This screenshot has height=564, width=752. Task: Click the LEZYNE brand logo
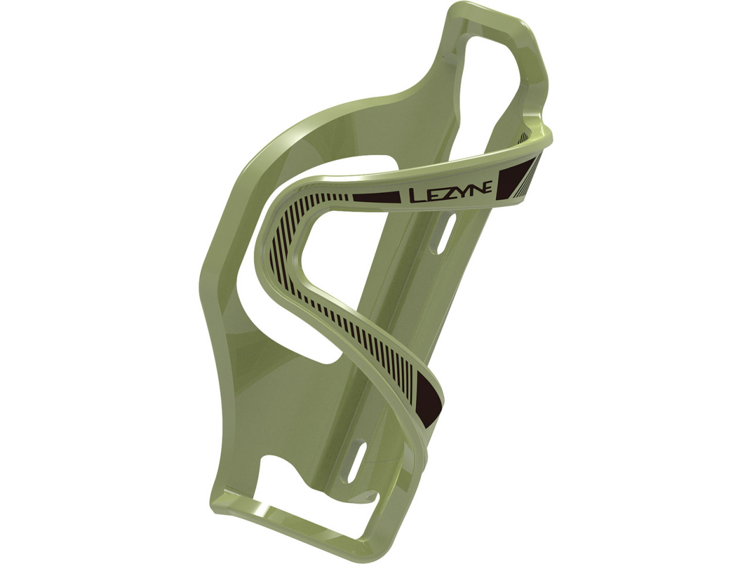pyautogui.click(x=450, y=193)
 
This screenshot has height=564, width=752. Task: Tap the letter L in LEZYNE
pyautogui.click(x=415, y=196)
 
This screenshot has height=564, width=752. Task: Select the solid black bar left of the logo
pyautogui.click(x=376, y=197)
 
